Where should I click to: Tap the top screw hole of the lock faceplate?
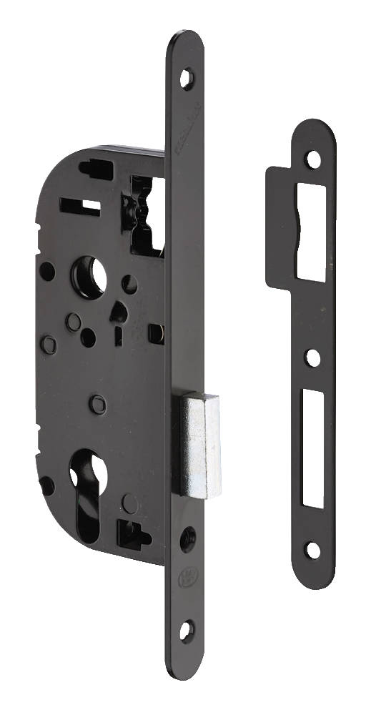[x=187, y=77]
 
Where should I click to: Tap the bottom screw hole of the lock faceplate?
[x=187, y=628]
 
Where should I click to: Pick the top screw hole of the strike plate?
[x=312, y=159]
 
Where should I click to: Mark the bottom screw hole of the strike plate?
[x=312, y=550]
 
